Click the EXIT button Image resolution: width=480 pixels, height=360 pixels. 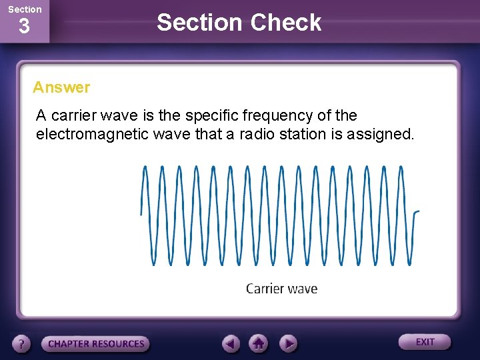pos(425,342)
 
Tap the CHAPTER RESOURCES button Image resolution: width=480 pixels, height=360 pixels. pos(96,344)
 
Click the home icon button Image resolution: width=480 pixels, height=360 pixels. pos(259,343)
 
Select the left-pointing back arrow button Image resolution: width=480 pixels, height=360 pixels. pos(231,343)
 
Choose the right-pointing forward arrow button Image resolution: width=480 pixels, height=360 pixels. pos(287,343)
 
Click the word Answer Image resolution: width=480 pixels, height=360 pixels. pos(61,87)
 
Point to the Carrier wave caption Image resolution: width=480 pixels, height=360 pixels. pos(281,289)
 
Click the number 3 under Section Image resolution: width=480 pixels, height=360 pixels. pos(24,27)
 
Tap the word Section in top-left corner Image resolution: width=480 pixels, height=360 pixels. pos(25,9)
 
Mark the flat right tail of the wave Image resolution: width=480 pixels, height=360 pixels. pos(416,211)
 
